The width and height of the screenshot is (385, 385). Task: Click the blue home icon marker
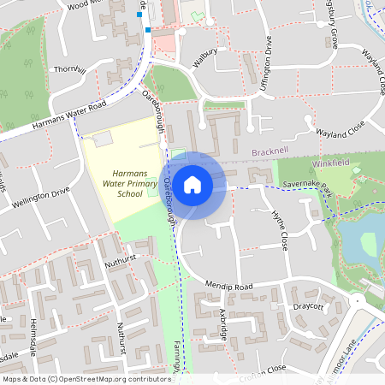192,185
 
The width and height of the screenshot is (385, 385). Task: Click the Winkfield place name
333,163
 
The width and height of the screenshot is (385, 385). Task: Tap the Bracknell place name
273,152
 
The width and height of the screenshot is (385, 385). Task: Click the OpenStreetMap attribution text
86,378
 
